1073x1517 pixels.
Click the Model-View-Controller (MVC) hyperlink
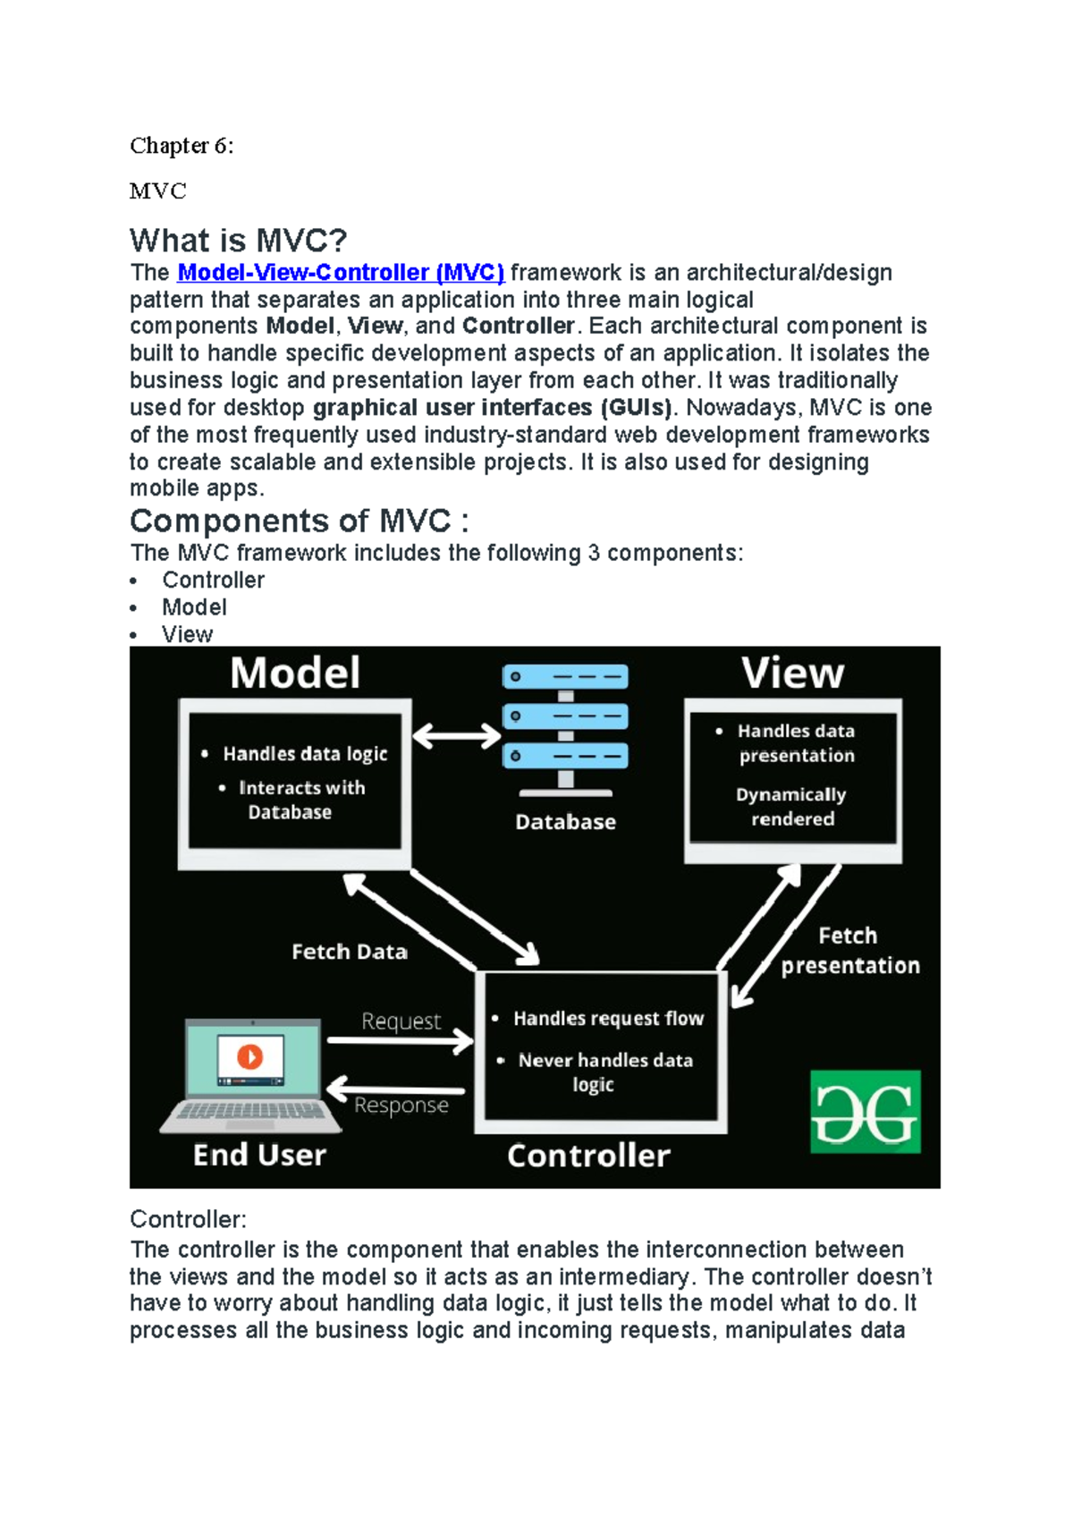[x=341, y=273]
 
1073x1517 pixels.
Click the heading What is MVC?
[x=238, y=241]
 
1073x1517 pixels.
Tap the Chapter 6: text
[x=182, y=146]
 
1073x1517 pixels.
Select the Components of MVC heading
[x=299, y=521]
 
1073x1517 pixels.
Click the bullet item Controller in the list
[x=213, y=581]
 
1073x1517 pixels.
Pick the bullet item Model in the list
[x=194, y=607]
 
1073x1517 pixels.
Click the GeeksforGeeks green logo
[x=865, y=1112]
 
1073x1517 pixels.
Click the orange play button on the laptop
[x=249, y=1056]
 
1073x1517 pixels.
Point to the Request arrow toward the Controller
[x=400, y=1040]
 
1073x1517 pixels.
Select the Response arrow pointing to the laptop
[x=395, y=1090]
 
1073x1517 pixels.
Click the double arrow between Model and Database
[x=456, y=737]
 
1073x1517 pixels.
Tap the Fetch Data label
[x=349, y=952]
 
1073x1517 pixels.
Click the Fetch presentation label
[x=849, y=951]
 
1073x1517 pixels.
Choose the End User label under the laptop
[x=259, y=1155]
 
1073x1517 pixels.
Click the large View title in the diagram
[x=792, y=674]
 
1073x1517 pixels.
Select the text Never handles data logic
[x=604, y=1072]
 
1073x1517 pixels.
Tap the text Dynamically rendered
[x=791, y=807]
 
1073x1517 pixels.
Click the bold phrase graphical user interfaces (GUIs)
[x=492, y=408]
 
